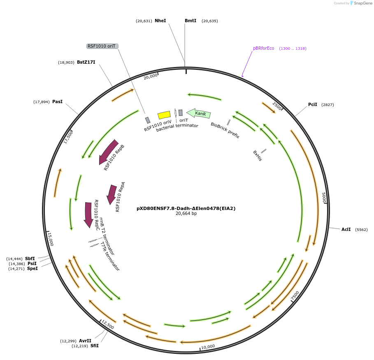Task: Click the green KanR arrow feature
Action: [199, 113]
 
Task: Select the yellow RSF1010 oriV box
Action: [164, 115]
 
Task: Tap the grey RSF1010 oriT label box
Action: [102, 46]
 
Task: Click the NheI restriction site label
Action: [160, 21]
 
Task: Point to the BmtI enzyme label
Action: [190, 21]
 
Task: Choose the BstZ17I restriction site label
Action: [86, 62]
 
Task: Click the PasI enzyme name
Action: [57, 102]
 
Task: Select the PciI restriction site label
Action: [313, 104]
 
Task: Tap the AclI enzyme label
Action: [346, 229]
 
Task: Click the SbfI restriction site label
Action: [30, 258]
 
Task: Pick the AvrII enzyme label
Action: [85, 341]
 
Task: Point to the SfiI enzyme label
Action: [95, 346]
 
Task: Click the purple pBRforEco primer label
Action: [263, 48]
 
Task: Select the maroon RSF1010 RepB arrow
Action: [108, 151]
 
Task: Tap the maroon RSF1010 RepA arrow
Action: [112, 194]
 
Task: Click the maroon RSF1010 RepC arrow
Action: [88, 214]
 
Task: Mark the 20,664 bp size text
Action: [186, 214]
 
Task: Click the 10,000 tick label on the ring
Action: [208, 346]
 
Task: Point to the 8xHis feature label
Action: [257, 155]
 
